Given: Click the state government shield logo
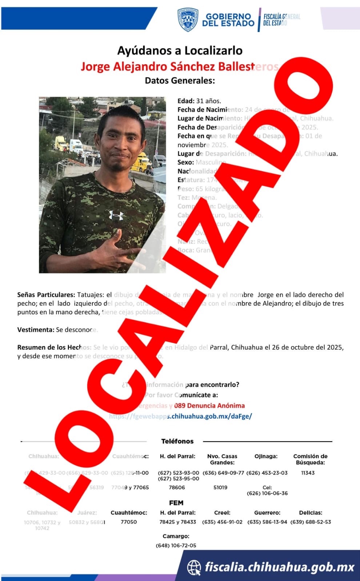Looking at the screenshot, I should [188, 19].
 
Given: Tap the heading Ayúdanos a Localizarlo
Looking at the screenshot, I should [180, 51].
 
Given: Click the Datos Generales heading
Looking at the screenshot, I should [180, 80].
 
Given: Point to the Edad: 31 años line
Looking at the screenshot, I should [199, 101].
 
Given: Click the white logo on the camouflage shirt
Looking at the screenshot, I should [116, 215].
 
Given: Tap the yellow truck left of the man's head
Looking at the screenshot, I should [60, 143].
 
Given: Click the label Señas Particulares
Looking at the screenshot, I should [46, 295].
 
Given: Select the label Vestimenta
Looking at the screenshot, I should [36, 330].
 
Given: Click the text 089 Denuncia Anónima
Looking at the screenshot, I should [209, 406].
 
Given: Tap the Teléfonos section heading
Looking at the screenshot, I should [177, 441].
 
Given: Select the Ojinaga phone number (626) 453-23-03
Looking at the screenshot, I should [267, 473].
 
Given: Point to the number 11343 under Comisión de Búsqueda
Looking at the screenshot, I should [308, 473].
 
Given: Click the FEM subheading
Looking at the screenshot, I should [176, 503].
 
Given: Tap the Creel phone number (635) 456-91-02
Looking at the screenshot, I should [222, 522].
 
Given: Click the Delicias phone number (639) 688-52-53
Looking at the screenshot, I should [311, 522].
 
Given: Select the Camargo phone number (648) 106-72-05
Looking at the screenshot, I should [176, 545].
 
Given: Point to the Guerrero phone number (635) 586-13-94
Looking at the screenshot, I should [267, 522].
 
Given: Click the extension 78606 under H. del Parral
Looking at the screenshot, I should [177, 487].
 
